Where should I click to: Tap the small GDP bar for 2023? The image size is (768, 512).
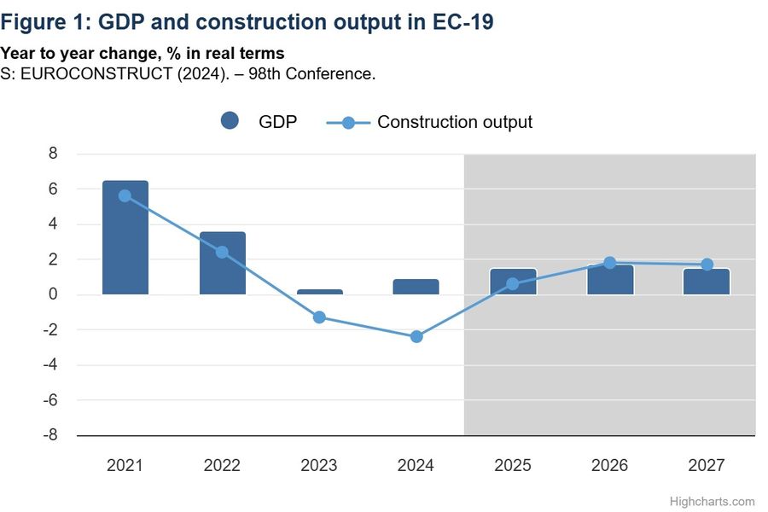[x=320, y=292]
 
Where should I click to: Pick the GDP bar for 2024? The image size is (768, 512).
[x=416, y=287]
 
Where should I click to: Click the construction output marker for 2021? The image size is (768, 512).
[x=125, y=195]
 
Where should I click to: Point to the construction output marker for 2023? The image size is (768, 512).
[x=320, y=317]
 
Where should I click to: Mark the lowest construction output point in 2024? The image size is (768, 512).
[x=416, y=336]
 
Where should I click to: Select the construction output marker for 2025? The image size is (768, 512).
[x=513, y=284]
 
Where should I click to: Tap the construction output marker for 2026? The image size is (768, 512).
[x=610, y=263]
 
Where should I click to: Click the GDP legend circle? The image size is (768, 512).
[x=229, y=121]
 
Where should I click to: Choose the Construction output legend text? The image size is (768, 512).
[x=454, y=122]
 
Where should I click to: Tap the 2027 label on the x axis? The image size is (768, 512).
[x=707, y=465]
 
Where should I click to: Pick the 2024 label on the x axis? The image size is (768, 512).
[x=416, y=465]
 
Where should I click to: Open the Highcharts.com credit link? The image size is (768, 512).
[x=713, y=502]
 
